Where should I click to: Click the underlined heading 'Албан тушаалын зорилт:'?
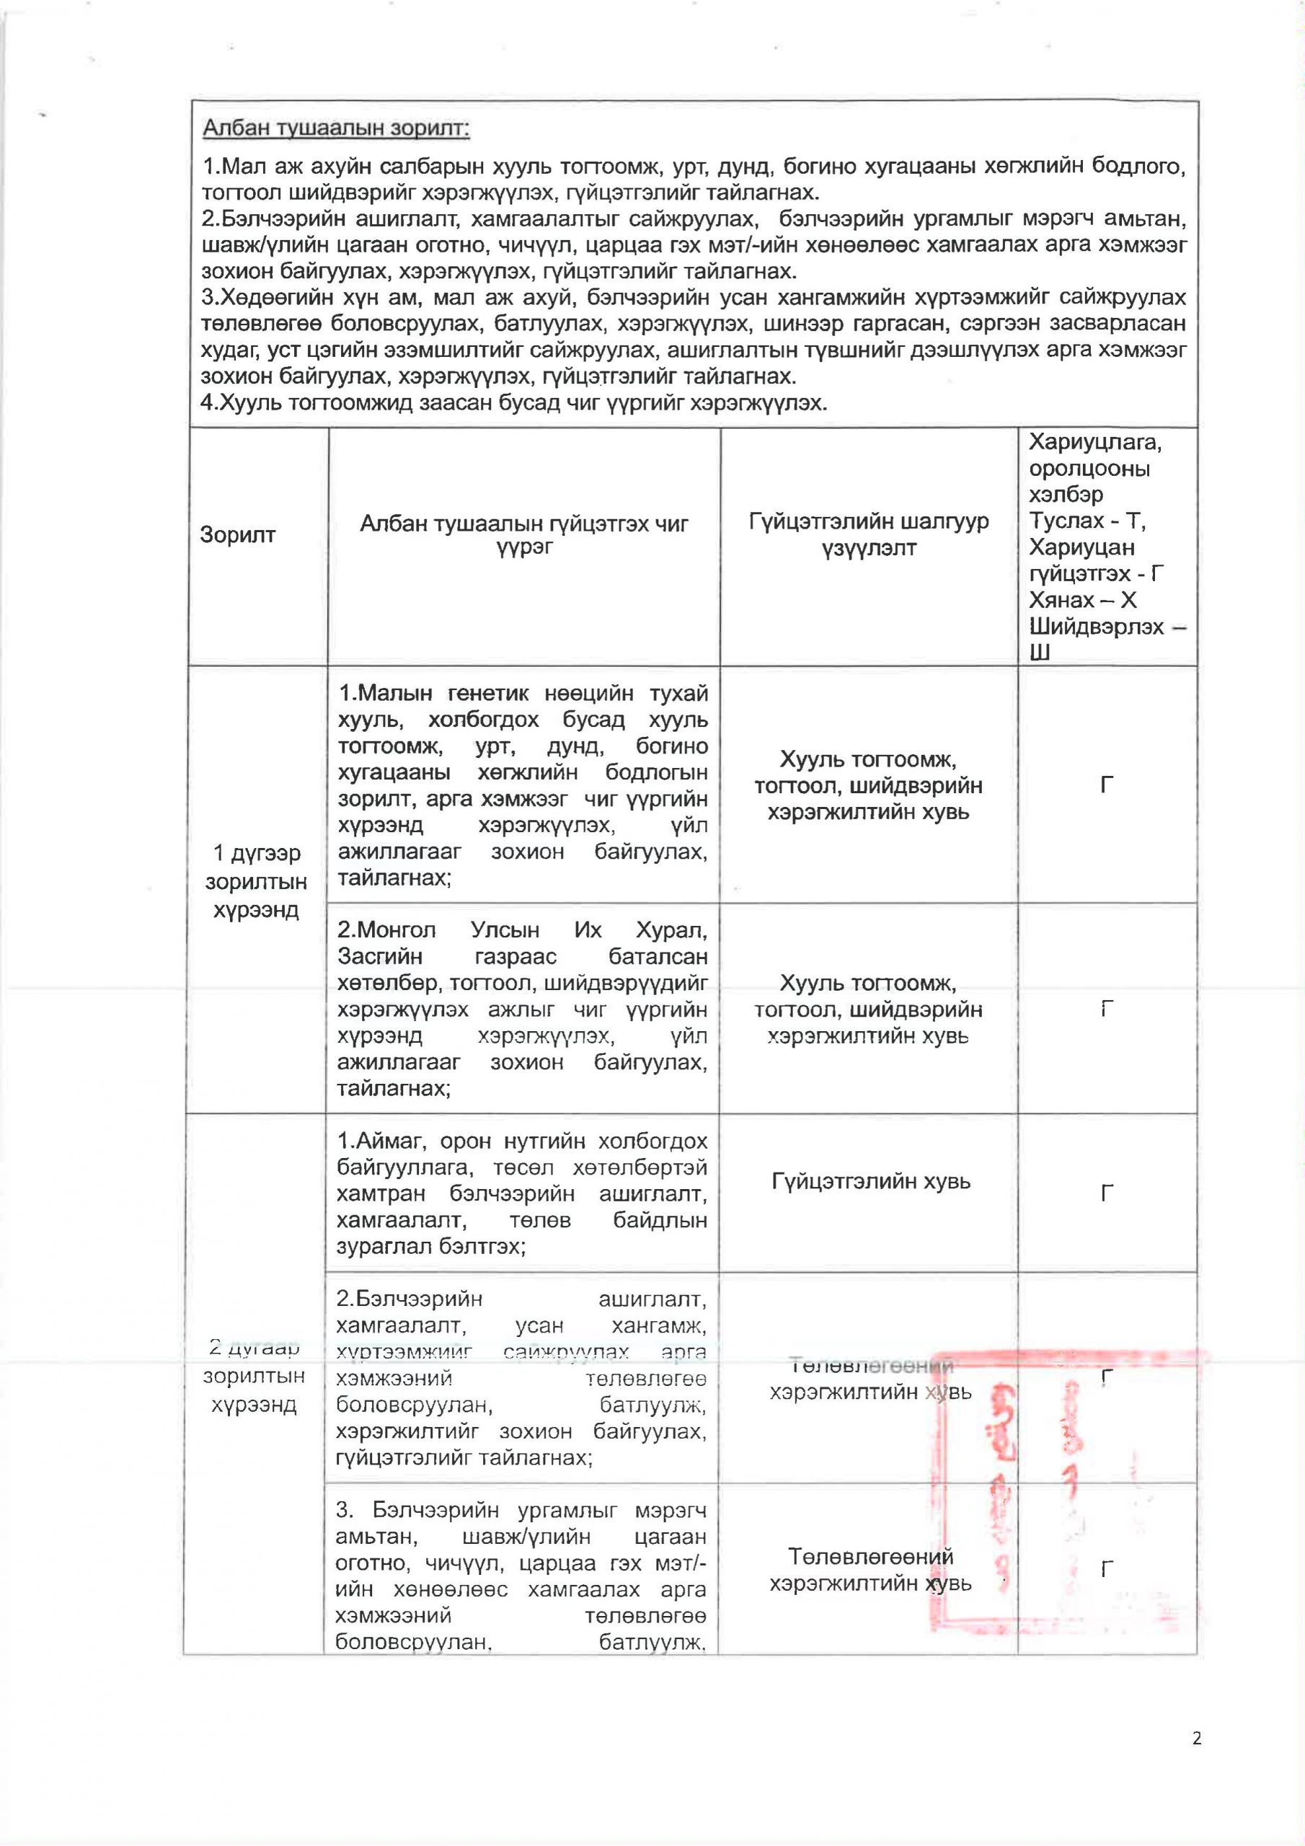click(x=336, y=128)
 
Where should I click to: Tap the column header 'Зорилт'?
click(x=237, y=534)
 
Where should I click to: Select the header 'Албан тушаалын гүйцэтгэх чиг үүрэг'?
click(x=523, y=536)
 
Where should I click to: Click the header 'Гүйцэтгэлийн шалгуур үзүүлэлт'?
click(x=868, y=536)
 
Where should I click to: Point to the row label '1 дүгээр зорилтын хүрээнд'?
click(x=256, y=881)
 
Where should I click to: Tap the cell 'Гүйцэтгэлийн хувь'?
click(x=871, y=1181)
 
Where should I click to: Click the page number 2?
click(x=1196, y=1739)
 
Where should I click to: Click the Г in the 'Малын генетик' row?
click(x=1107, y=785)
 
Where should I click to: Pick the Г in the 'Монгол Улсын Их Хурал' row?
click(x=1107, y=1008)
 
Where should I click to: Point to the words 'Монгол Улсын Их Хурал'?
click(x=523, y=930)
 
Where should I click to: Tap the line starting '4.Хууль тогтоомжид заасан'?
click(x=514, y=403)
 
